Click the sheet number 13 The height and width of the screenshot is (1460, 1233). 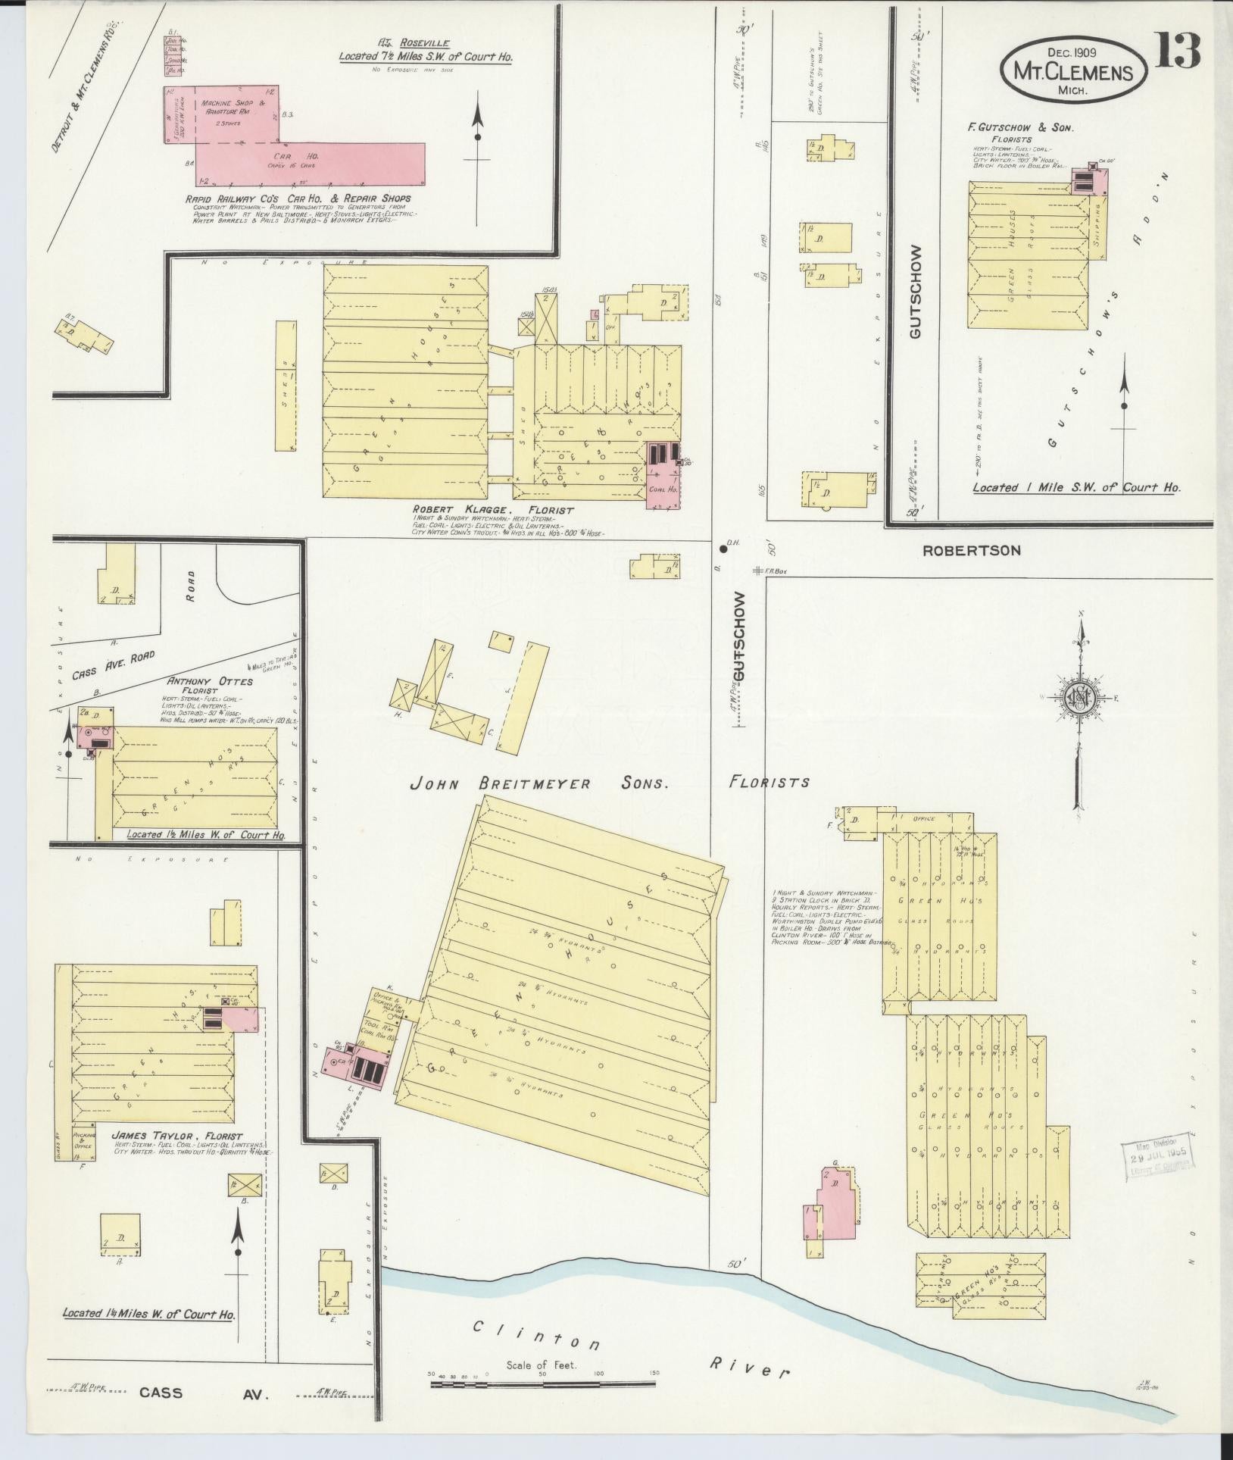(1178, 51)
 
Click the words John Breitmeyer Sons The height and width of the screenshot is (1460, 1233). (538, 783)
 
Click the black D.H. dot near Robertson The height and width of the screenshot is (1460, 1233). (723, 549)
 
